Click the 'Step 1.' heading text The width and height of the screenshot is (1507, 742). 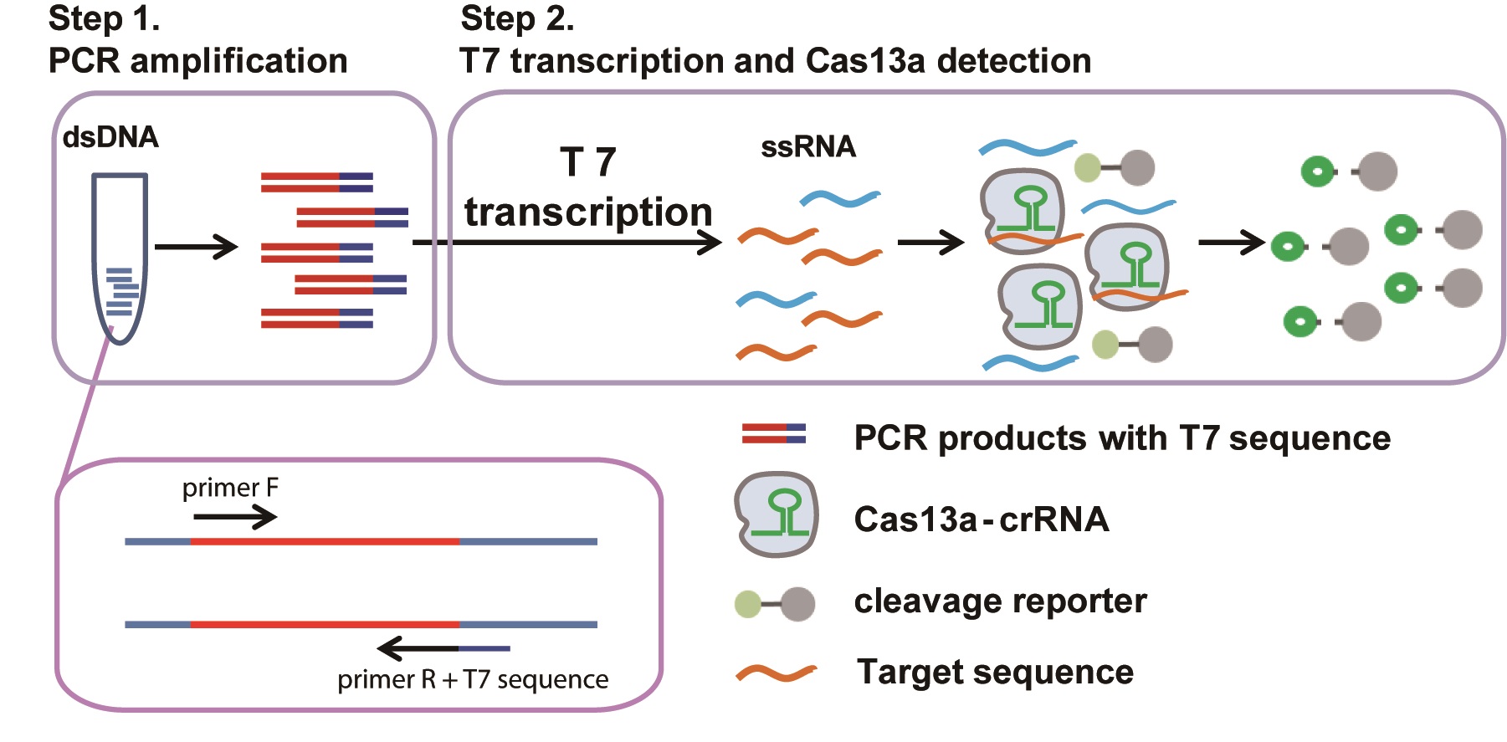click(104, 18)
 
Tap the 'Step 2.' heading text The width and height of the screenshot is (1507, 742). click(516, 18)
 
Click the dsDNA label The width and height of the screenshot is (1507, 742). click(110, 137)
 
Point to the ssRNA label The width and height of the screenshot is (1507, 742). click(807, 147)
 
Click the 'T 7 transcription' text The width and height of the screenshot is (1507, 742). click(588, 187)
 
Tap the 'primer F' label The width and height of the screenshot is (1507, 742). click(230, 488)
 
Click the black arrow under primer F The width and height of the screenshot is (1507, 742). click(234, 517)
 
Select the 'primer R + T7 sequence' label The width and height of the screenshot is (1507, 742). click(473, 679)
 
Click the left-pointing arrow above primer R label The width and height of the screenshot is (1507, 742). click(418, 648)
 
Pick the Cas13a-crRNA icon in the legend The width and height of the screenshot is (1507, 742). click(776, 514)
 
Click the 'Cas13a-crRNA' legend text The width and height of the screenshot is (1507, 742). click(981, 519)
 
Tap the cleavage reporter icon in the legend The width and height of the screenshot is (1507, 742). click(775, 603)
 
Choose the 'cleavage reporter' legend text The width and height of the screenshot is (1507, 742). click(1000, 601)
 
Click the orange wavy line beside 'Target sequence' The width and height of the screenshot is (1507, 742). click(776, 673)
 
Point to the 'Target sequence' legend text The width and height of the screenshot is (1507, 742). click(995, 672)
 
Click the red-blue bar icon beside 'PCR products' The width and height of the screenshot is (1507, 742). click(773, 433)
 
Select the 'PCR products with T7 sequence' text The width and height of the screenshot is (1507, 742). click(1121, 438)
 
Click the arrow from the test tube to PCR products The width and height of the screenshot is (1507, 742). click(196, 247)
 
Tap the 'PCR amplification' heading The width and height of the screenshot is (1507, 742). click(197, 61)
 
